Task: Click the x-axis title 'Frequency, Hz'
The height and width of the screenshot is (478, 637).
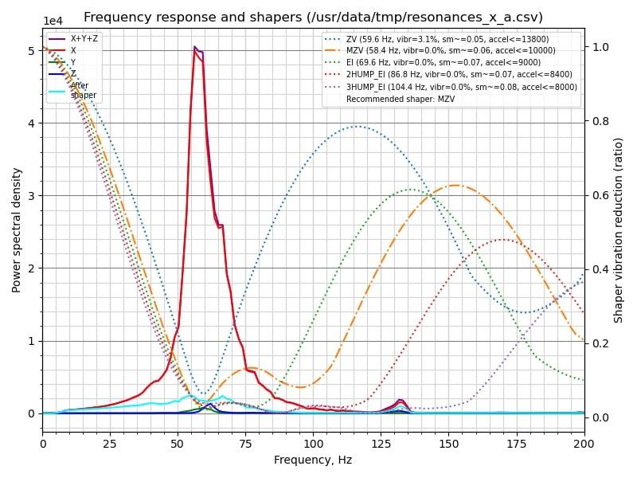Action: (313, 460)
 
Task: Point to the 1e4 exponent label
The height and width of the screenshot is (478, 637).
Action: (53, 21)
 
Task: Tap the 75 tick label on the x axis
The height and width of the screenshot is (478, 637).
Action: (246, 443)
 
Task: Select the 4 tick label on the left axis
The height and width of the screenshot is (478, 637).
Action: (30, 123)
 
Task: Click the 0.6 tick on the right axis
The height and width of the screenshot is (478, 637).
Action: (600, 195)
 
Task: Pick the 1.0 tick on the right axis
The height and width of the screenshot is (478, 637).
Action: (600, 47)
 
